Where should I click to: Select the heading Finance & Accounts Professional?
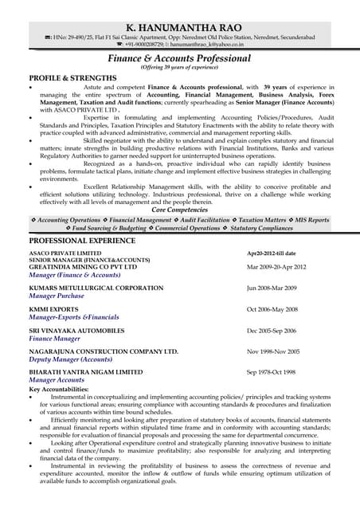click(179, 58)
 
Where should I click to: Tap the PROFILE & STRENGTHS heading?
click(68, 77)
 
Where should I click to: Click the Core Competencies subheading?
click(179, 210)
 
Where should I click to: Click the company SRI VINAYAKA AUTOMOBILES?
click(76, 330)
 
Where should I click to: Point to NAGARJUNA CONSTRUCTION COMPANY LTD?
click(104, 351)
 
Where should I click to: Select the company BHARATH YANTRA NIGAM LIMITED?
click(86, 372)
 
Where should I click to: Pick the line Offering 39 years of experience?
click(179, 68)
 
